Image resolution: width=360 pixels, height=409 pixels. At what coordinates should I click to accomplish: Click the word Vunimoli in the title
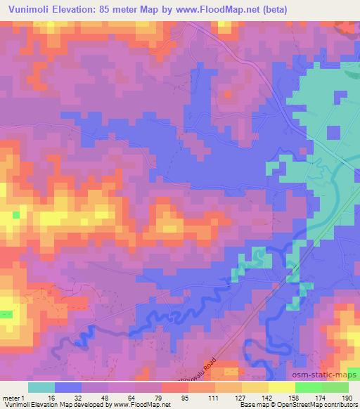pos(30,9)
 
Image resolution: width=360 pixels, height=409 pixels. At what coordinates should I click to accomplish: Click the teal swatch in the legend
pos(41,387)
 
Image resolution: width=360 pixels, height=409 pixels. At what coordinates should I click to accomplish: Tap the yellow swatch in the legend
pos(281,387)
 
